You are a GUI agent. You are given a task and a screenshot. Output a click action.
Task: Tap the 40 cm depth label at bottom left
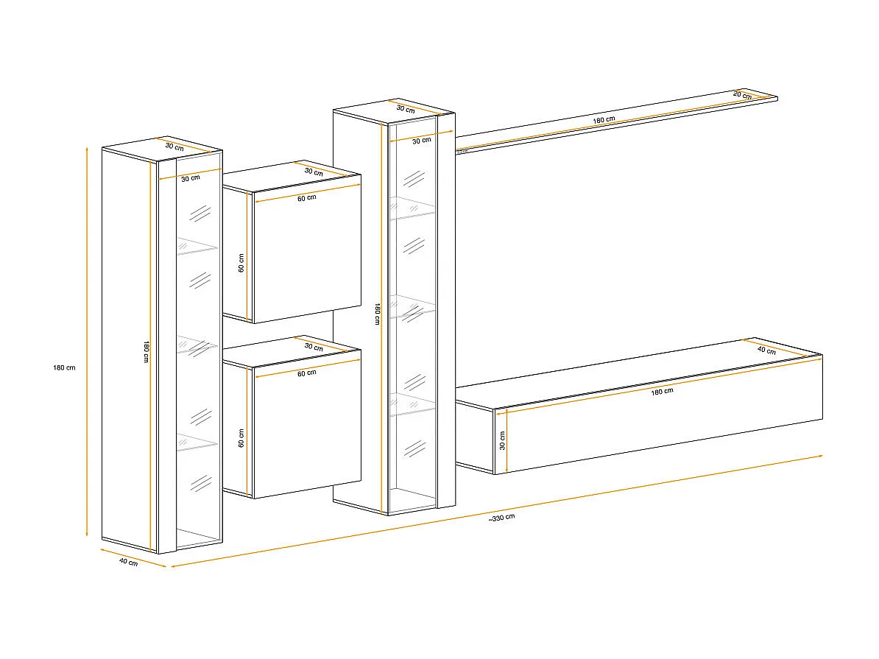point(128,563)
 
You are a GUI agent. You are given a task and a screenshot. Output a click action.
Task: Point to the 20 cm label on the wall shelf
point(742,94)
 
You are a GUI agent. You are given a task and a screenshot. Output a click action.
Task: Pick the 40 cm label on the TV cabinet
point(766,351)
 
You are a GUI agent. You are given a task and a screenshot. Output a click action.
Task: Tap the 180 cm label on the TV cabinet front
point(662,391)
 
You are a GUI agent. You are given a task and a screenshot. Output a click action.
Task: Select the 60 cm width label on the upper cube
point(306,197)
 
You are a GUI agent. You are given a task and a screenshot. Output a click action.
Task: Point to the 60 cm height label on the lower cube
point(241,440)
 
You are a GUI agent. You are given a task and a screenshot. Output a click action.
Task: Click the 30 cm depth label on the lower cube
point(314,347)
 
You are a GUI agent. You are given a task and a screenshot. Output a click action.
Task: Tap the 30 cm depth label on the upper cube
point(314,172)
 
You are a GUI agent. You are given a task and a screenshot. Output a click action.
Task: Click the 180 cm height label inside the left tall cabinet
point(146,352)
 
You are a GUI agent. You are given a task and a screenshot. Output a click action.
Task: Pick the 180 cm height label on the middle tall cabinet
point(376,314)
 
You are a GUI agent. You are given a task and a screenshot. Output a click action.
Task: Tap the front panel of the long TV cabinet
point(663,427)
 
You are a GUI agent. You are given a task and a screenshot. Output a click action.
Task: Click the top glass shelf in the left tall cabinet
point(197,247)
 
